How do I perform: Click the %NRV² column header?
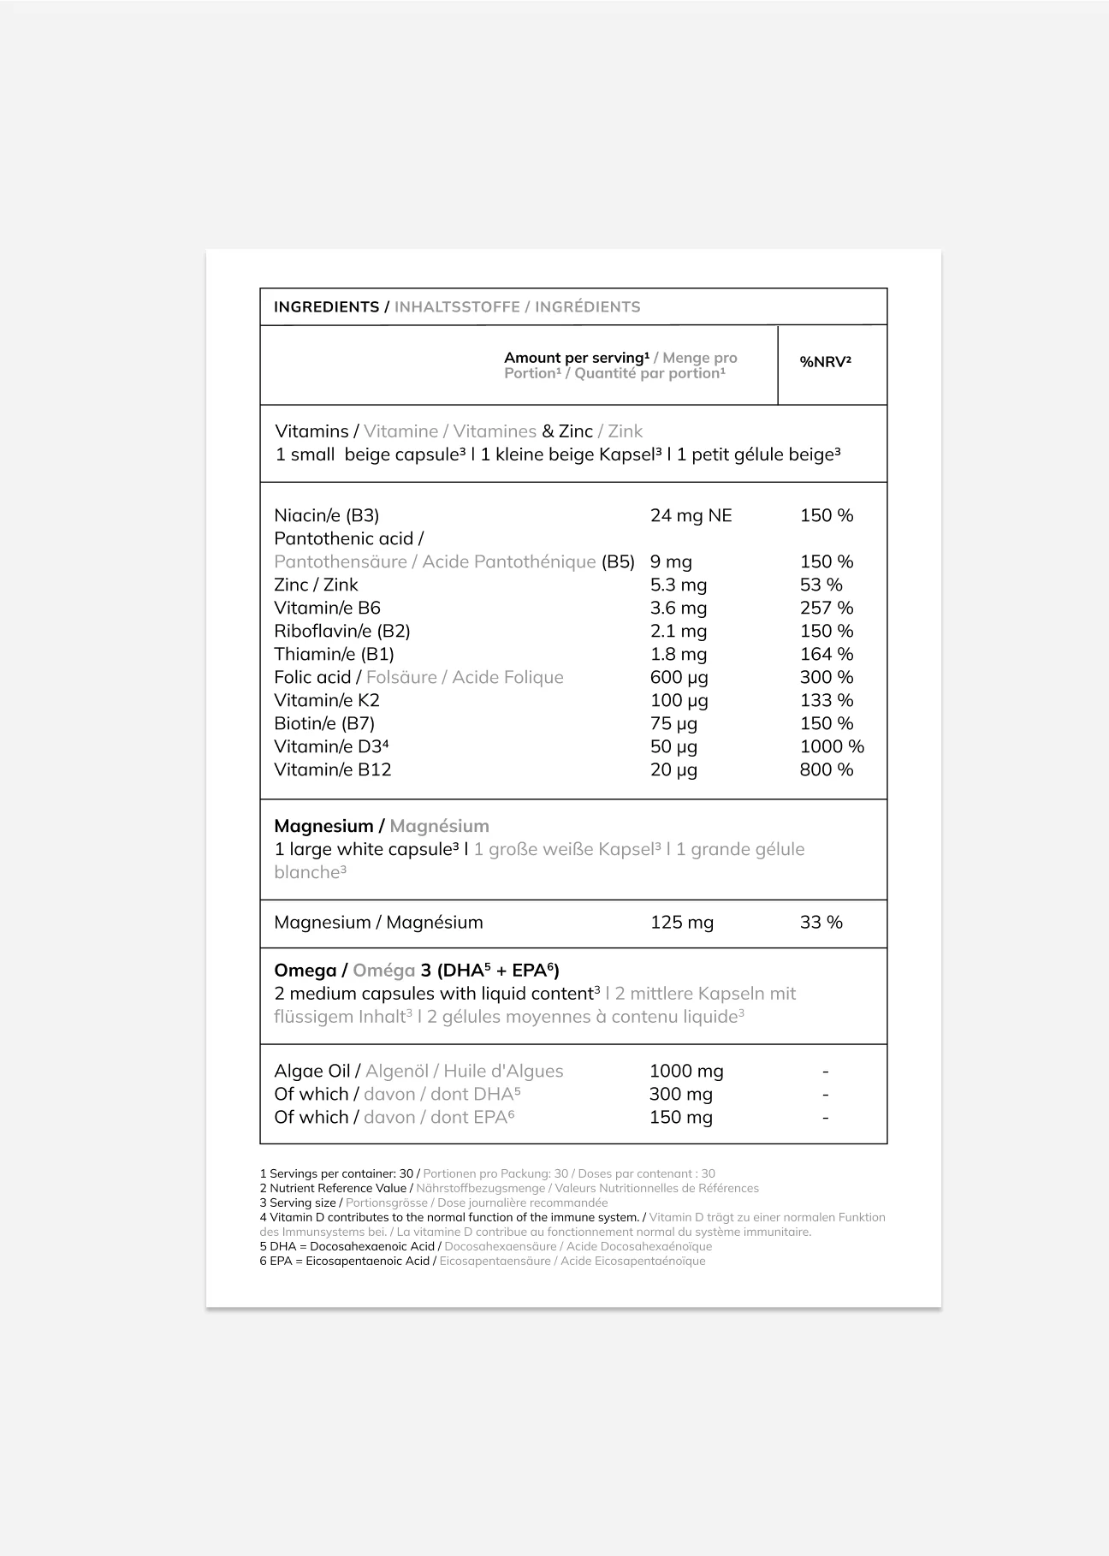click(825, 362)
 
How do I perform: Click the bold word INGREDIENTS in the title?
click(326, 307)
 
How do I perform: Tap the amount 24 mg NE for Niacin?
click(691, 515)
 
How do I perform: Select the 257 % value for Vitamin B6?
click(826, 608)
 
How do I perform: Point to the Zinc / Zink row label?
click(316, 585)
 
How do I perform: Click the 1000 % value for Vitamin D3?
click(832, 746)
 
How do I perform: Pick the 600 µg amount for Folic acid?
click(679, 677)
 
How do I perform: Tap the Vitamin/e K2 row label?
click(326, 700)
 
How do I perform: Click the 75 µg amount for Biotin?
click(673, 723)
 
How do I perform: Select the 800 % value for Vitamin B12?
click(826, 769)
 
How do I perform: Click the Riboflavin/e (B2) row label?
click(341, 631)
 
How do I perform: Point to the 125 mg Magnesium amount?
click(681, 923)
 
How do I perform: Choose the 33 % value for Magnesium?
click(821, 923)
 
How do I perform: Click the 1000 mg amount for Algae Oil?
click(686, 1071)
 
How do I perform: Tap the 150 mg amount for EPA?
click(680, 1117)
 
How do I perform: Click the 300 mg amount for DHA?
click(680, 1094)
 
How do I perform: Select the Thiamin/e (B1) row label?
click(334, 654)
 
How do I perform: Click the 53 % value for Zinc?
click(821, 585)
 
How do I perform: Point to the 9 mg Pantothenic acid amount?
click(671, 561)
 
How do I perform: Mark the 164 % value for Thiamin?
click(826, 654)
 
